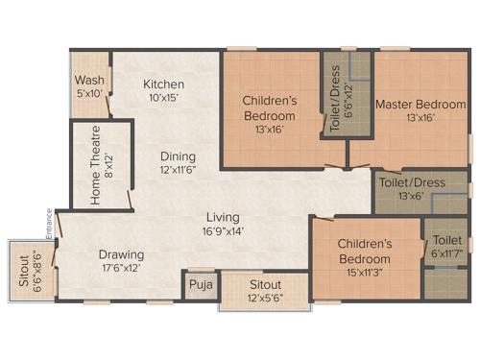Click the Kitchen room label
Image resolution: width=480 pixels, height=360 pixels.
[164, 84]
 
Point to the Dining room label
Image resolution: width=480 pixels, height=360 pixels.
[178, 156]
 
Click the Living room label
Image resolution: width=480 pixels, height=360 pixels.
[223, 217]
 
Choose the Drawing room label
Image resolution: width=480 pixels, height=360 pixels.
[121, 254]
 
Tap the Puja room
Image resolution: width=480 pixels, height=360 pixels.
[201, 285]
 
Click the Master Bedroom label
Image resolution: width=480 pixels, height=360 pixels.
[420, 104]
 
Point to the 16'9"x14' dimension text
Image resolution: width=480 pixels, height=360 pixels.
[223, 230]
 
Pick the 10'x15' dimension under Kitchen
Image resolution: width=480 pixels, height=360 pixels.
[164, 97]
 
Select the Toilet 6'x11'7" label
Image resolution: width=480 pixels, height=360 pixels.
[446, 247]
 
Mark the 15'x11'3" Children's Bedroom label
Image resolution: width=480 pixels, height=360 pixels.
[365, 251]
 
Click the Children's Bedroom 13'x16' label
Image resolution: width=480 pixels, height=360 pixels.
[269, 108]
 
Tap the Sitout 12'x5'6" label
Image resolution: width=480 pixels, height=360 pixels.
[266, 292]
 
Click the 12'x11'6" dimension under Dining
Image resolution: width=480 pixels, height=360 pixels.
[178, 170]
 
